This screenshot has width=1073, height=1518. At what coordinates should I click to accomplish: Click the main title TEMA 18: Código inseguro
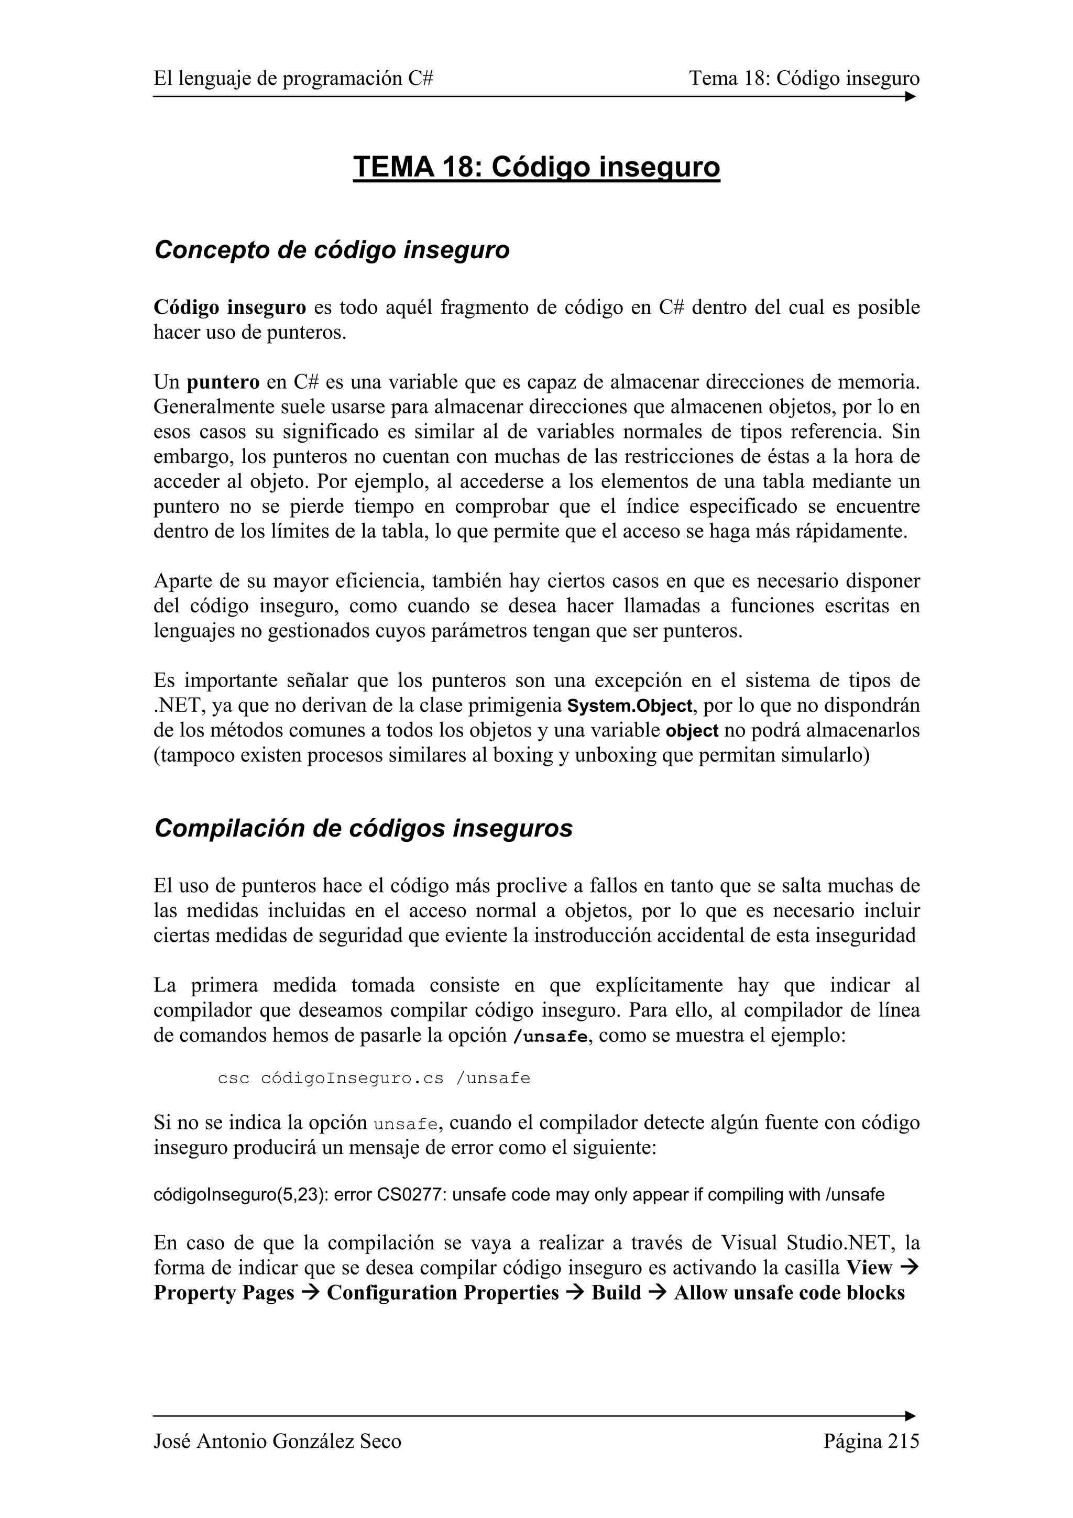coord(536,167)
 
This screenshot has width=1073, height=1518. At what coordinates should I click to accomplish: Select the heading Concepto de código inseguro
coord(331,250)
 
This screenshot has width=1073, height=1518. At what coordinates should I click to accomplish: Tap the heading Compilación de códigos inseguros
coord(363,828)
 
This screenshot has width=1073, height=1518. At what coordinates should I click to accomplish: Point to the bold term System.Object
coord(629,706)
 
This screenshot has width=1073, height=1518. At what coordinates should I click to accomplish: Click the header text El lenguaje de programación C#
coord(293,79)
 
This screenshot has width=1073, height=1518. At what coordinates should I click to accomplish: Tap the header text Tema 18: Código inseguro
coord(804,79)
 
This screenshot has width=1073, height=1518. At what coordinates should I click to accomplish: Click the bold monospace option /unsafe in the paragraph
coord(550,1036)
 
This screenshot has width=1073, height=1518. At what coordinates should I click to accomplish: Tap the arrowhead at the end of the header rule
coord(911,96)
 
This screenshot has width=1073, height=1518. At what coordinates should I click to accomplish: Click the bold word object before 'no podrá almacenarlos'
coord(692,731)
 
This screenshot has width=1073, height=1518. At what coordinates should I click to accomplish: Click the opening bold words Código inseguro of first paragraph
coord(229,307)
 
